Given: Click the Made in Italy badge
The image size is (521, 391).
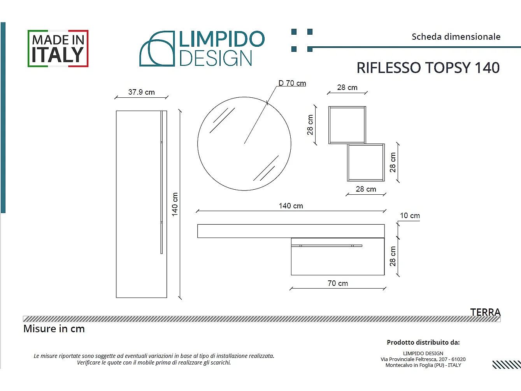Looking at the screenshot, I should click(x=58, y=48).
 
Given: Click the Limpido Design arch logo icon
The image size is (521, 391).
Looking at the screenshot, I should click(x=157, y=49).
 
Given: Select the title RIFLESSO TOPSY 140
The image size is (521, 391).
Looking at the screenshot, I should click(x=428, y=68).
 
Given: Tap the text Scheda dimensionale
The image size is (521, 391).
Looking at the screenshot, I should click(x=456, y=37).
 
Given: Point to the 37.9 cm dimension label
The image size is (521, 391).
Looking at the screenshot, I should click(x=141, y=92).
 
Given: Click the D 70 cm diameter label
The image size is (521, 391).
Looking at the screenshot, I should click(x=292, y=83).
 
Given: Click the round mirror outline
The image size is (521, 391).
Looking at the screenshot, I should click(x=244, y=144).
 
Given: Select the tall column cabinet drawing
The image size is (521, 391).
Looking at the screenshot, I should click(x=141, y=204).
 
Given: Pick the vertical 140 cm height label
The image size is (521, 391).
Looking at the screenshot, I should click(x=175, y=204).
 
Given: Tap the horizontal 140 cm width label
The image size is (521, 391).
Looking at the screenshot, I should click(x=291, y=206).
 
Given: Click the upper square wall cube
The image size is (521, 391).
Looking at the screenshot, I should click(x=347, y=125).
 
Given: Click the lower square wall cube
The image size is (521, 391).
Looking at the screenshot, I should click(x=366, y=162).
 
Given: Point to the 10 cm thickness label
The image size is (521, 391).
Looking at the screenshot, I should click(x=410, y=216).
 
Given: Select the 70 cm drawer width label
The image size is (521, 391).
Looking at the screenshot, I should click(x=338, y=284).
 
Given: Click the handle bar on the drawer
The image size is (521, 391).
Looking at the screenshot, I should click(x=327, y=246).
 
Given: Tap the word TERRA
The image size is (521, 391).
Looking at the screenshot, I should click(x=485, y=312).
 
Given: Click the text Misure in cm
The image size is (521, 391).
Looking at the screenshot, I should click(x=54, y=329).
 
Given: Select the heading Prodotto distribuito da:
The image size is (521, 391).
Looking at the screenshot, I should click(x=423, y=343).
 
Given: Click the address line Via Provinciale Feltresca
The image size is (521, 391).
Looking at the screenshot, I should click(x=423, y=359).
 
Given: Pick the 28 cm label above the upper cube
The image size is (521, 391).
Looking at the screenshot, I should click(x=347, y=88).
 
